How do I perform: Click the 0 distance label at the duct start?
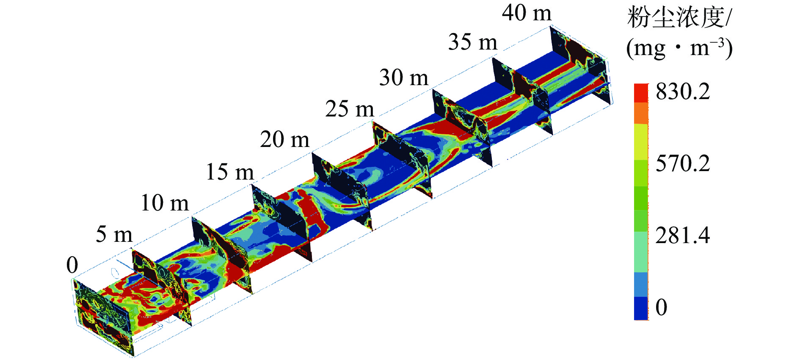[72, 266]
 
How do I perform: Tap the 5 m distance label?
[114, 234]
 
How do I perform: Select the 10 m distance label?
[165, 203]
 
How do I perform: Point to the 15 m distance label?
[230, 172]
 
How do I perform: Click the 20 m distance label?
[284, 139]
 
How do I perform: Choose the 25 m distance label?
[350, 109]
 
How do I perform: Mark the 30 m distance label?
[404, 78]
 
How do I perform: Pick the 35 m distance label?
[473, 42]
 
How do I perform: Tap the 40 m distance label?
[527, 13]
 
